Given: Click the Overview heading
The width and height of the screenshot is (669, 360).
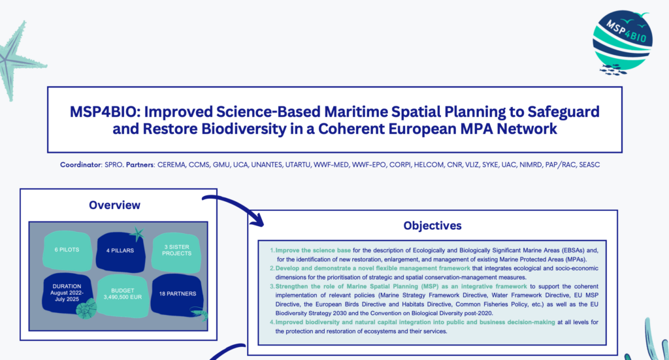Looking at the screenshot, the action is (x=114, y=205).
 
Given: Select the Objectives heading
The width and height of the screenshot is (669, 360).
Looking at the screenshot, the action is (x=432, y=225).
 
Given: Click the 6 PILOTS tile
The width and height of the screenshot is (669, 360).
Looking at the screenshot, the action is (x=67, y=250).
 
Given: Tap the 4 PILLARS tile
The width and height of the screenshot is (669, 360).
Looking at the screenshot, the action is (x=120, y=252).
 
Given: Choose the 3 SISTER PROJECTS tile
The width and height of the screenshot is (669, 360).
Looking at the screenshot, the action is (x=176, y=252).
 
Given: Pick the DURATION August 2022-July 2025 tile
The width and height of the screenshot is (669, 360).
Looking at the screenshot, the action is (x=67, y=293).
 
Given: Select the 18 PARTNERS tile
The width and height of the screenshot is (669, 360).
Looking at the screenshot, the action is (x=178, y=295).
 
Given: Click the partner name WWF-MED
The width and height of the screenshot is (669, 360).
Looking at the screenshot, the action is (x=331, y=165).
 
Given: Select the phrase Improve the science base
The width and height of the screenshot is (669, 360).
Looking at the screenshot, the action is (x=313, y=250).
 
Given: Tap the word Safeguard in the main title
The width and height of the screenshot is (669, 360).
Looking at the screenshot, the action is (x=564, y=112).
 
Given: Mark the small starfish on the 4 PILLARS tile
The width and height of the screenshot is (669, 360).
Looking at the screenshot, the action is (x=137, y=234).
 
